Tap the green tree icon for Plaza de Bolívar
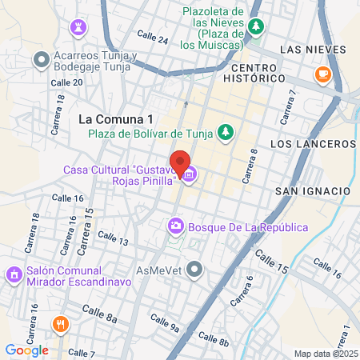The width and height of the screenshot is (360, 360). (226, 131)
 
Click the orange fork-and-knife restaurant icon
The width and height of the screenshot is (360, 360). (60, 324)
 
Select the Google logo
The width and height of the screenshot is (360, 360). (26, 350)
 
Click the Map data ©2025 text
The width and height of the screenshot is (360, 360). (326, 354)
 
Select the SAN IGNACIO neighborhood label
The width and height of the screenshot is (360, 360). (312, 191)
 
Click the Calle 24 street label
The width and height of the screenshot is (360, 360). (152, 38)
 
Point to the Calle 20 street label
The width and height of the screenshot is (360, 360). (66, 82)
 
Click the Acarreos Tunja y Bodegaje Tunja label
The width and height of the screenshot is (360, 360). (96, 62)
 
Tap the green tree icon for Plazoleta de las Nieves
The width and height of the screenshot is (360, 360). (256, 27)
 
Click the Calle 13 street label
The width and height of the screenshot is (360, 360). (113, 238)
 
